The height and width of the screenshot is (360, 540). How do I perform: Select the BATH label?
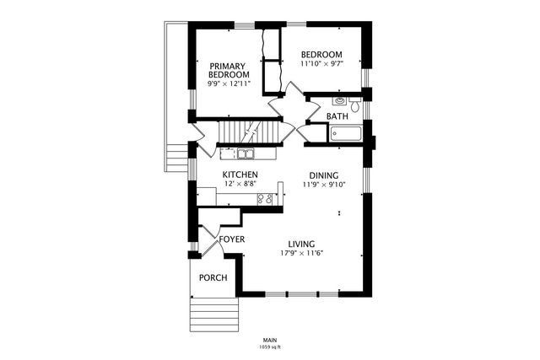(337, 116)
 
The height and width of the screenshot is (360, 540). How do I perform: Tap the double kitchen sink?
(246, 153)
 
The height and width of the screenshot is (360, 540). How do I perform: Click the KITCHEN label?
(240, 175)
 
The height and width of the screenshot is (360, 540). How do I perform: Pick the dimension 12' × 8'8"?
(240, 184)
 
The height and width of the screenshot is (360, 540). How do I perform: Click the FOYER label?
(232, 239)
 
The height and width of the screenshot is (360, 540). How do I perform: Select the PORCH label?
(213, 278)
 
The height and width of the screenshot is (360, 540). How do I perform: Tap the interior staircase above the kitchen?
(248, 132)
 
